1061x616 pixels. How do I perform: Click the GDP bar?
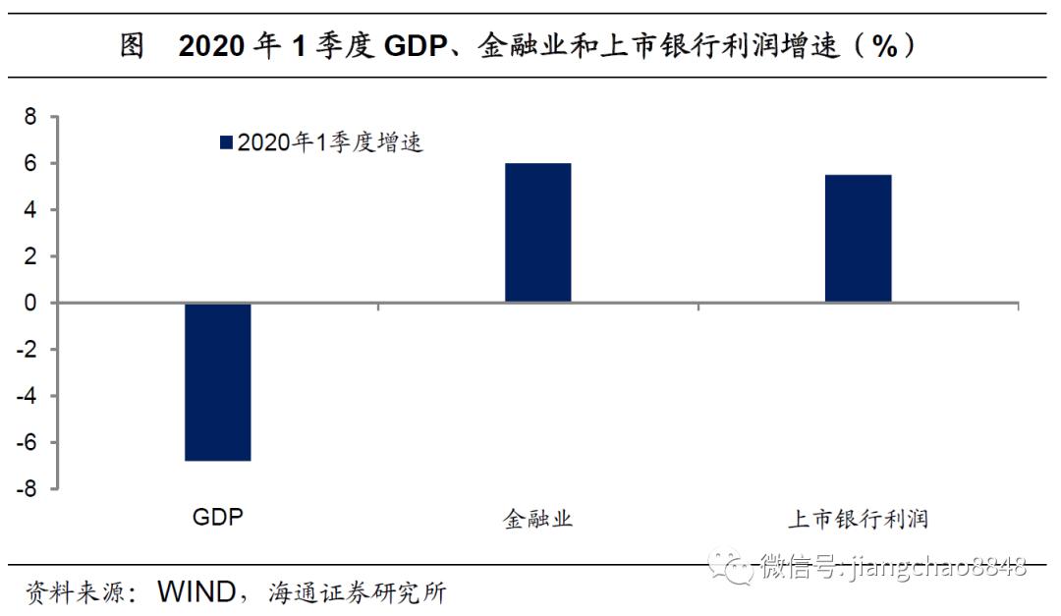coord(217,381)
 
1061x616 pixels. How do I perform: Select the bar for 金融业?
coord(537,233)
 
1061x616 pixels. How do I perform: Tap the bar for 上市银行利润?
coord(858,239)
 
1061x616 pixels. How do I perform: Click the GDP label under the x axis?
coord(217,518)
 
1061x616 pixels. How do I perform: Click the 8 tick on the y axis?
coord(29,118)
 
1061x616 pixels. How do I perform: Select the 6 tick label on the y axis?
coord(29,164)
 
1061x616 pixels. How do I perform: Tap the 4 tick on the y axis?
coord(29,210)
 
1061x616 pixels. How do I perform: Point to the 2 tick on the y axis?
coord(29,257)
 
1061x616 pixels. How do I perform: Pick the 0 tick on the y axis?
coord(29,304)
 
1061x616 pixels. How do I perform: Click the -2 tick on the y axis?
coord(27,350)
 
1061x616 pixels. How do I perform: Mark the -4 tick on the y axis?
coord(27,396)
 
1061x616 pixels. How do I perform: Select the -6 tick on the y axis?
coord(27,442)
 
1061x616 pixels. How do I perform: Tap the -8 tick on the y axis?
coord(27,488)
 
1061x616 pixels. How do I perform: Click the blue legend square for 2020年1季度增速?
coord(227,143)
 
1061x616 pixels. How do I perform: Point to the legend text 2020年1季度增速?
coord(330,143)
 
